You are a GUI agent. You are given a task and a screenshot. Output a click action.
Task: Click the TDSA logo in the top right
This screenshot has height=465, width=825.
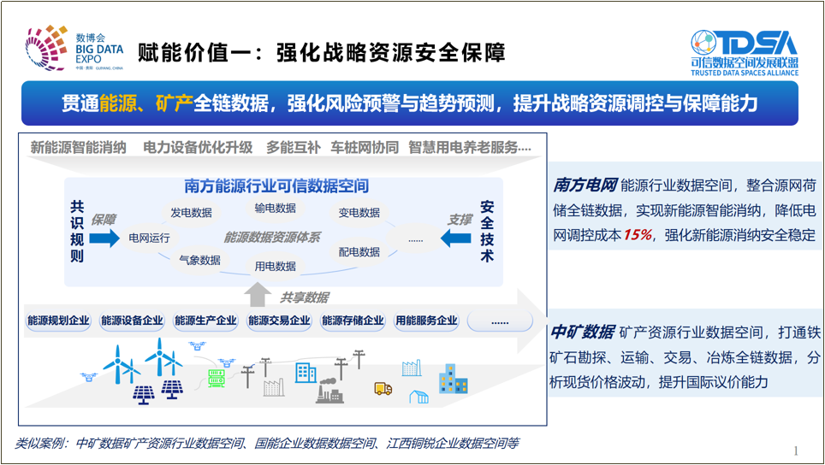click(x=744, y=52)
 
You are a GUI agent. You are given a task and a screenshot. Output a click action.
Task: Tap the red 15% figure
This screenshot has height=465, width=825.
click(x=637, y=235)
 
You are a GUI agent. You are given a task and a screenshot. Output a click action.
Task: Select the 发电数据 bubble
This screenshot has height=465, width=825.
click(x=191, y=213)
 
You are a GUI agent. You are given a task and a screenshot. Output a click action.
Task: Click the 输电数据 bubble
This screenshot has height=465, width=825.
click(x=275, y=208)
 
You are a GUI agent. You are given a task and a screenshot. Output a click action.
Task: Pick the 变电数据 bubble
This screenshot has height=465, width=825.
click(x=359, y=213)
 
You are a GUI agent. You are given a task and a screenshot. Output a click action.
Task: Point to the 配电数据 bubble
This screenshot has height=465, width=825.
click(x=359, y=252)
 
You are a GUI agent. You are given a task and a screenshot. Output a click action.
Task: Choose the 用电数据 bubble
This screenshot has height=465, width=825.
click(x=275, y=266)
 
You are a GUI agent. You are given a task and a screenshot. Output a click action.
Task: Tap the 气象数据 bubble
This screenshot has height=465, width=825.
click(x=199, y=260)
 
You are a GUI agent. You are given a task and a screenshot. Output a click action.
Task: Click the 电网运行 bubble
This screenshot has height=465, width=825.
click(x=149, y=238)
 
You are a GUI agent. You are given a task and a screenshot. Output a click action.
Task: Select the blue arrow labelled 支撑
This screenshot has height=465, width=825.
click(x=456, y=238)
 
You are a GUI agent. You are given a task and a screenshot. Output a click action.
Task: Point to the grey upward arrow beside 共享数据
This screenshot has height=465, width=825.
click(x=258, y=295)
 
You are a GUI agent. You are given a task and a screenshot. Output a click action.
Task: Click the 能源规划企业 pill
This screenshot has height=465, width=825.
click(x=58, y=321)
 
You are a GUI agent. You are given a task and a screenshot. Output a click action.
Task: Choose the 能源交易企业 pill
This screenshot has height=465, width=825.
click(x=279, y=321)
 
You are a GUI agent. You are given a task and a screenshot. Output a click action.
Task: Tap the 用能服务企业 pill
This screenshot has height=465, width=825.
click(x=426, y=321)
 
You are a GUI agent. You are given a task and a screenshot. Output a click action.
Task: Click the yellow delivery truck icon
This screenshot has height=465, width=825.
click(x=383, y=389)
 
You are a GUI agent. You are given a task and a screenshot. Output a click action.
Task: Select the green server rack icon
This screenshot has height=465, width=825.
click(x=217, y=378)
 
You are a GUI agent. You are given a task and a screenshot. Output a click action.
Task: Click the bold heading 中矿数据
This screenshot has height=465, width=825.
click(x=582, y=332)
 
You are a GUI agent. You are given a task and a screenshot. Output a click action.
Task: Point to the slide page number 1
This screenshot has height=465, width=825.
click(x=796, y=450)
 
